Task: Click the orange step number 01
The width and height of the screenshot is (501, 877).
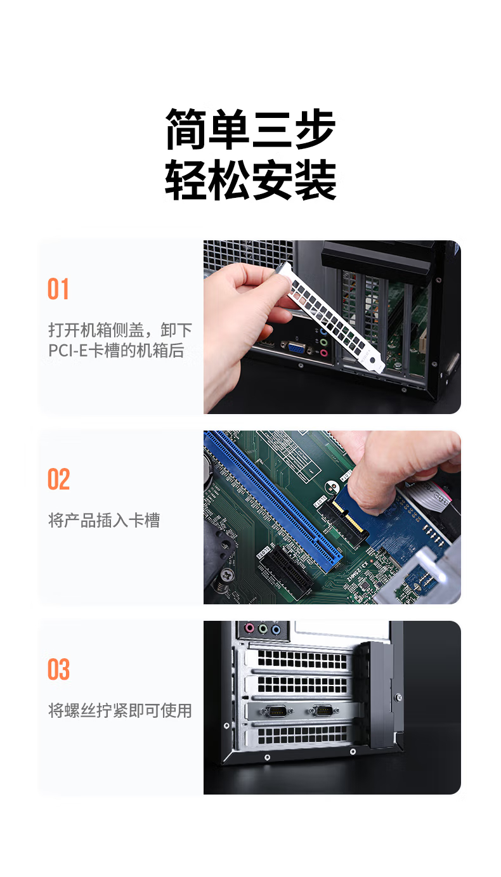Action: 58,289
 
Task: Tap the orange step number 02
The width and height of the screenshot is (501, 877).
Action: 59,479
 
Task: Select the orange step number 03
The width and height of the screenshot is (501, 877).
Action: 59,669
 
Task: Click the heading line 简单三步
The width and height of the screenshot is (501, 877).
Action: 251,129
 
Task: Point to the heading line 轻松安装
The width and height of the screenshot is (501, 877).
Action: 251,179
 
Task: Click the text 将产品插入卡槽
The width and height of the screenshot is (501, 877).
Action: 104,521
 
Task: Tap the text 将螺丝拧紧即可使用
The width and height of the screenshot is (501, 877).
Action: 120,711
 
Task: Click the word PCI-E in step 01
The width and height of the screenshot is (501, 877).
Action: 68,351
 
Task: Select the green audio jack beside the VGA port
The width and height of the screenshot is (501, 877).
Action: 323,342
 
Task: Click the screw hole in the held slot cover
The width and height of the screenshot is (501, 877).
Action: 373,361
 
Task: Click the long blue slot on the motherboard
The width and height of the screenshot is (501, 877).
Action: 274,501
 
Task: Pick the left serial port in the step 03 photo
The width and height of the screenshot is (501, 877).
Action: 277,710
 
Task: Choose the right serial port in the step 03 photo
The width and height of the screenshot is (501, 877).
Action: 323,710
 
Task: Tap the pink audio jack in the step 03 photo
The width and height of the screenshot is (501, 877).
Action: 249,628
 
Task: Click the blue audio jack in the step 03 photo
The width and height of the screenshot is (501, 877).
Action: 276,630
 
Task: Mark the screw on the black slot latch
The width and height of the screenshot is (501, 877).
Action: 398,698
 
